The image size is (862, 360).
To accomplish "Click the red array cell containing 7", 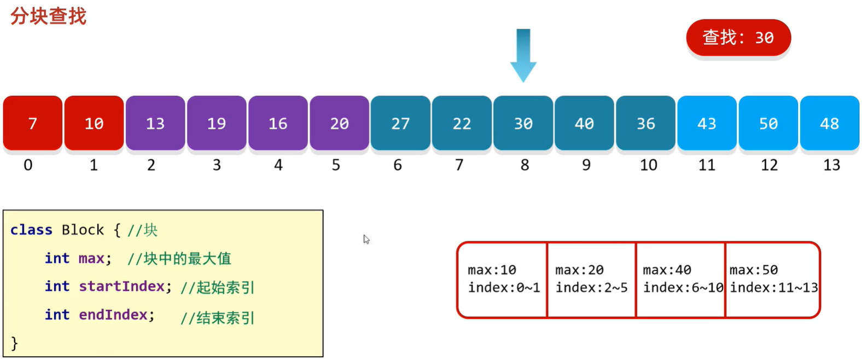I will point(33,123).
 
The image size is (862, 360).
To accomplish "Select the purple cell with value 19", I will point(217,123).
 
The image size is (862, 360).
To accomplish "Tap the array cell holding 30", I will point(523,123).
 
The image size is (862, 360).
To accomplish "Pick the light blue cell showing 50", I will point(768,123).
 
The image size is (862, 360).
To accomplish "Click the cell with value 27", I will point(400,123).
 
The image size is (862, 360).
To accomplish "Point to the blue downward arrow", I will point(523,55).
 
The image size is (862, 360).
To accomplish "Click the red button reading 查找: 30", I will point(738,37).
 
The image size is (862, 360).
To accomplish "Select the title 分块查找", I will point(49,16).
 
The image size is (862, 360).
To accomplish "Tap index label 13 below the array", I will point(831,165).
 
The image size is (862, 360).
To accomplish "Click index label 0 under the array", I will point(28,165).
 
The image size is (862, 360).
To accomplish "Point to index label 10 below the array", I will point(648,165).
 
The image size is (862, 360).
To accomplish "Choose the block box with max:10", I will point(502,280).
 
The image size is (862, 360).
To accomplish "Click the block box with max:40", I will point(680,280).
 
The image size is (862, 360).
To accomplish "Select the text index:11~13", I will point(774,288).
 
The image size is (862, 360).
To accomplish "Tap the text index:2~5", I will point(592,288).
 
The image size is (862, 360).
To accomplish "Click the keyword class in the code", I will point(31,230).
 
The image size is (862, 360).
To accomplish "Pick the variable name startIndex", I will point(121,286).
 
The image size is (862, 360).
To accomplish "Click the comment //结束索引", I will point(218,317).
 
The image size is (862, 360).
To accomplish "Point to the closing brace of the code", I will point(15,343).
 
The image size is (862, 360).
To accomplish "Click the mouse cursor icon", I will point(366,239).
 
